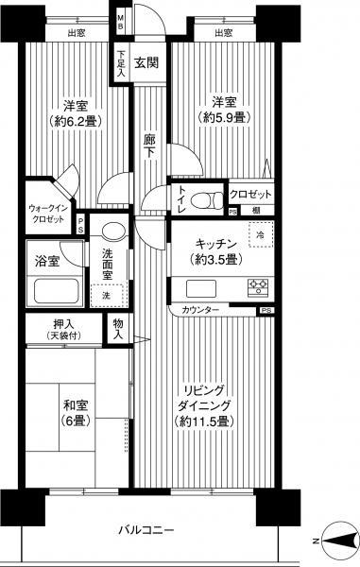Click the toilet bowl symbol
click(x=199, y=199)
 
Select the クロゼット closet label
click(x=253, y=194)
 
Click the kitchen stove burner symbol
click(x=258, y=286)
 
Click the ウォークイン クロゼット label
click(x=46, y=212)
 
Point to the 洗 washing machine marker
click(x=106, y=295)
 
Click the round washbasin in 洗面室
click(x=111, y=231)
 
